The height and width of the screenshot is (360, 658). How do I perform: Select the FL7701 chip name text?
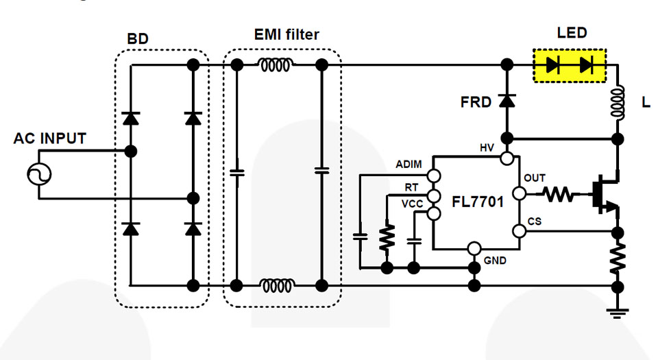(478, 202)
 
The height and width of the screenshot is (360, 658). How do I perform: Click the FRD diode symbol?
(507, 101)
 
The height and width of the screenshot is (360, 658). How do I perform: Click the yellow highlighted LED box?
(569, 65)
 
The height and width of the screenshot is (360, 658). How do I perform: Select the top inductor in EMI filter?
(276, 65)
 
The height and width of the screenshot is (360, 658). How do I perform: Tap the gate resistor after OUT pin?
(559, 195)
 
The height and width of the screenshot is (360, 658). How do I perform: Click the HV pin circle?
(507, 159)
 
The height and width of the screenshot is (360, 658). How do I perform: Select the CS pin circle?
(520, 231)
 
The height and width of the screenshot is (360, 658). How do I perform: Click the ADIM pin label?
(410, 165)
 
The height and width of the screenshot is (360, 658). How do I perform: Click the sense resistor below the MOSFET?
(618, 257)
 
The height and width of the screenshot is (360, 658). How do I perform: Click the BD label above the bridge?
(137, 39)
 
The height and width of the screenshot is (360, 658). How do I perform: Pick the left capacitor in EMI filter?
(236, 173)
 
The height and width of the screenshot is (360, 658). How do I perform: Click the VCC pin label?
(412, 204)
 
